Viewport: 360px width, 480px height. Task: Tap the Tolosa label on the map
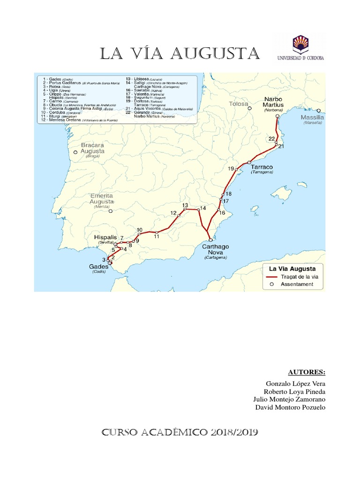(238, 104)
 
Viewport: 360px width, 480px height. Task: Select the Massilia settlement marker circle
(319, 112)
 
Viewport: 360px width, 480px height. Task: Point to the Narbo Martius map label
(273, 102)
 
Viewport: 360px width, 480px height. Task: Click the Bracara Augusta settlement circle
(75, 152)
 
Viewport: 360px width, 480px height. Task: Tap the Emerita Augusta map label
(102, 199)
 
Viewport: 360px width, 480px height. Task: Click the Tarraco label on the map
(262, 167)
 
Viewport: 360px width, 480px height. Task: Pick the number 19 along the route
(231, 168)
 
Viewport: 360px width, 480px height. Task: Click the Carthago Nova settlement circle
(210, 240)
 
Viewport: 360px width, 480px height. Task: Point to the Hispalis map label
(105, 237)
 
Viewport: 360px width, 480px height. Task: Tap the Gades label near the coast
(98, 267)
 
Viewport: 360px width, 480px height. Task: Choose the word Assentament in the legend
(297, 284)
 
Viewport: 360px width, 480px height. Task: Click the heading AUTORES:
(307, 372)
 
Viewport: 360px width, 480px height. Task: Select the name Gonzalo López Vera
(295, 384)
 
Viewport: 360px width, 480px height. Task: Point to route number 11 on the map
(157, 236)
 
